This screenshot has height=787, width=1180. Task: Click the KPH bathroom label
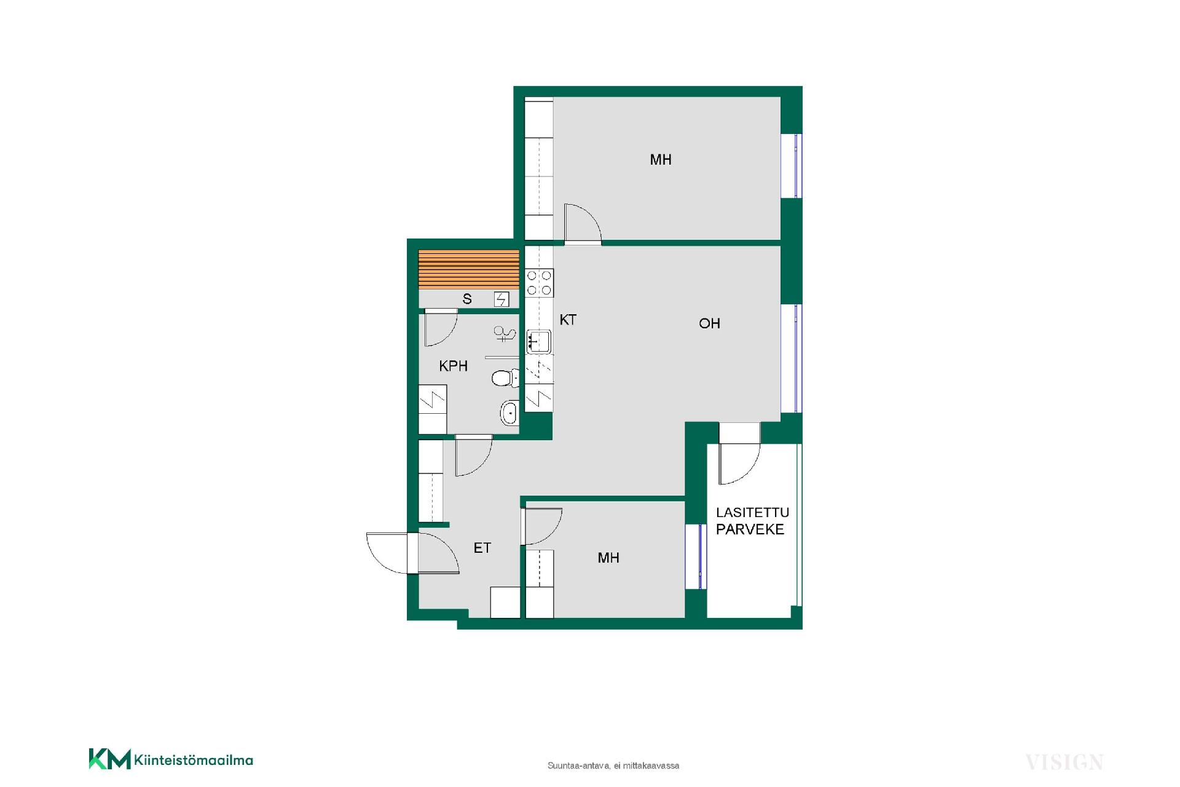click(x=453, y=366)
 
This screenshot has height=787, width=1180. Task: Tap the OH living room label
click(x=709, y=323)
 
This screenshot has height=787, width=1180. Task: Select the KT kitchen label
click(x=568, y=320)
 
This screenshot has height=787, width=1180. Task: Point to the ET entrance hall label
click(x=482, y=548)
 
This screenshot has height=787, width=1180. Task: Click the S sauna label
click(x=467, y=299)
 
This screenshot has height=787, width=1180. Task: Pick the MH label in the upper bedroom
click(x=661, y=160)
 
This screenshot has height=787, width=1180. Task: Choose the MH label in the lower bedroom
click(x=608, y=558)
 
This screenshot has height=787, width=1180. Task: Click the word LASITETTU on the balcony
click(x=752, y=513)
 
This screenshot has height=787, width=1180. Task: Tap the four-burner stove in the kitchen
click(x=539, y=283)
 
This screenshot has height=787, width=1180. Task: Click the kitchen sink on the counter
click(x=539, y=341)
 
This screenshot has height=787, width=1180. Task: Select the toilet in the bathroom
click(x=505, y=378)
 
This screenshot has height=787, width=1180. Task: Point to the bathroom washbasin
click(x=509, y=413)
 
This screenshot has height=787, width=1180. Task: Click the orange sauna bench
click(x=469, y=269)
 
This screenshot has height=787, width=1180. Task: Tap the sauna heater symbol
click(x=502, y=299)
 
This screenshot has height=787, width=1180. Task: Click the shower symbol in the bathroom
click(x=505, y=334)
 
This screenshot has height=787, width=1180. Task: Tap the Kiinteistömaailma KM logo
click(x=171, y=759)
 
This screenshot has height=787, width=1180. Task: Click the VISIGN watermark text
click(x=1064, y=763)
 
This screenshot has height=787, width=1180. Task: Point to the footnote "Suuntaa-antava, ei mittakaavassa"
click(x=613, y=766)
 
